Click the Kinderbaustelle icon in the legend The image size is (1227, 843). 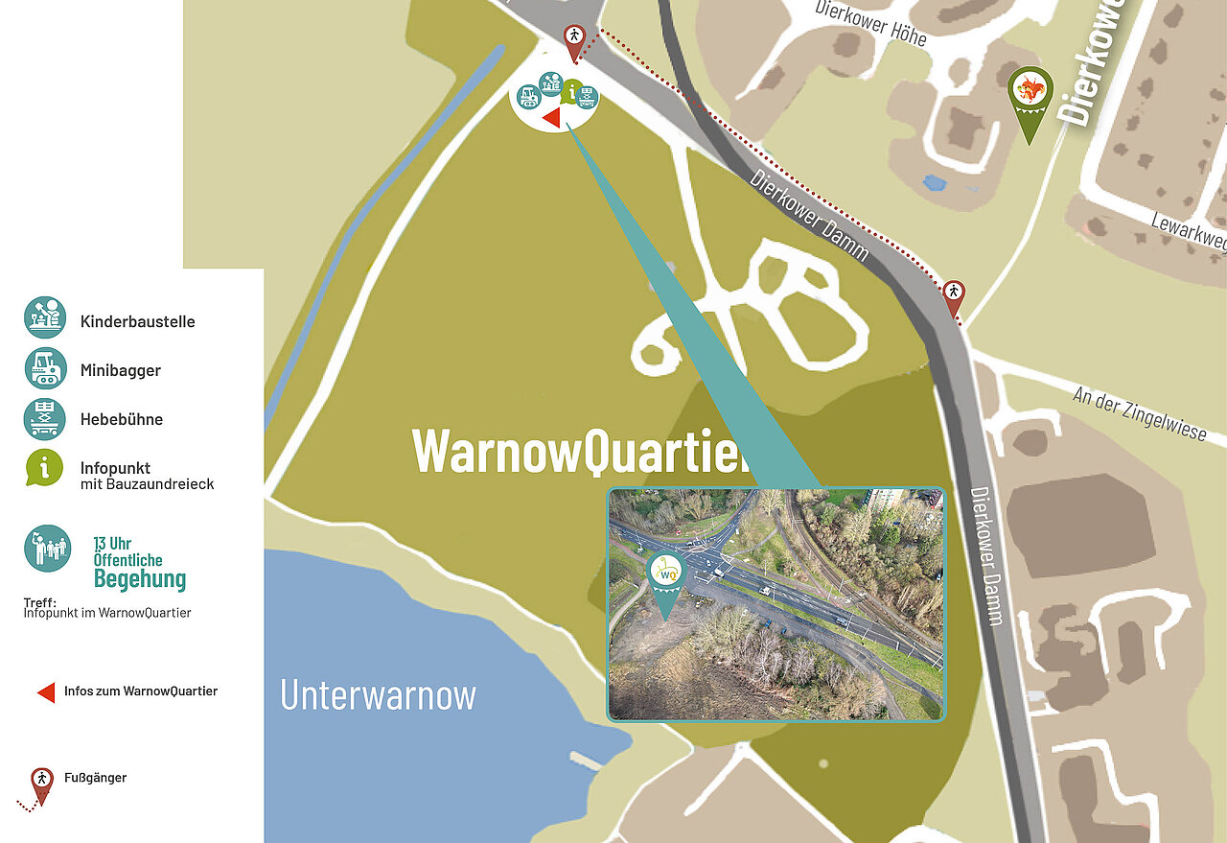click(x=45, y=317)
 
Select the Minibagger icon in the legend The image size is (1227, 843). click(x=45, y=367)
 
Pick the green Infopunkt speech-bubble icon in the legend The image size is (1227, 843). click(x=45, y=467)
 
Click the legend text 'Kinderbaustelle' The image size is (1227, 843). click(x=137, y=321)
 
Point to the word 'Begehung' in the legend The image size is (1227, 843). click(x=140, y=578)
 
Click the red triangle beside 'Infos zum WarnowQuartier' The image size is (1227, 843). click(x=46, y=691)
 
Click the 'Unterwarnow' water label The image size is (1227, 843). click(x=378, y=694)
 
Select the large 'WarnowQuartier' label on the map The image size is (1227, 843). click(x=580, y=449)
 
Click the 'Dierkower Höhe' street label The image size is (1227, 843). click(x=871, y=22)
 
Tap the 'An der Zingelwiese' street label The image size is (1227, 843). click(x=1139, y=413)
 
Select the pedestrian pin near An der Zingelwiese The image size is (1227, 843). click(x=954, y=295)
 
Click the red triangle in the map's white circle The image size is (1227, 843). click(x=551, y=117)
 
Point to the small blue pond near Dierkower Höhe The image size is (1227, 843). click(x=934, y=182)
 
